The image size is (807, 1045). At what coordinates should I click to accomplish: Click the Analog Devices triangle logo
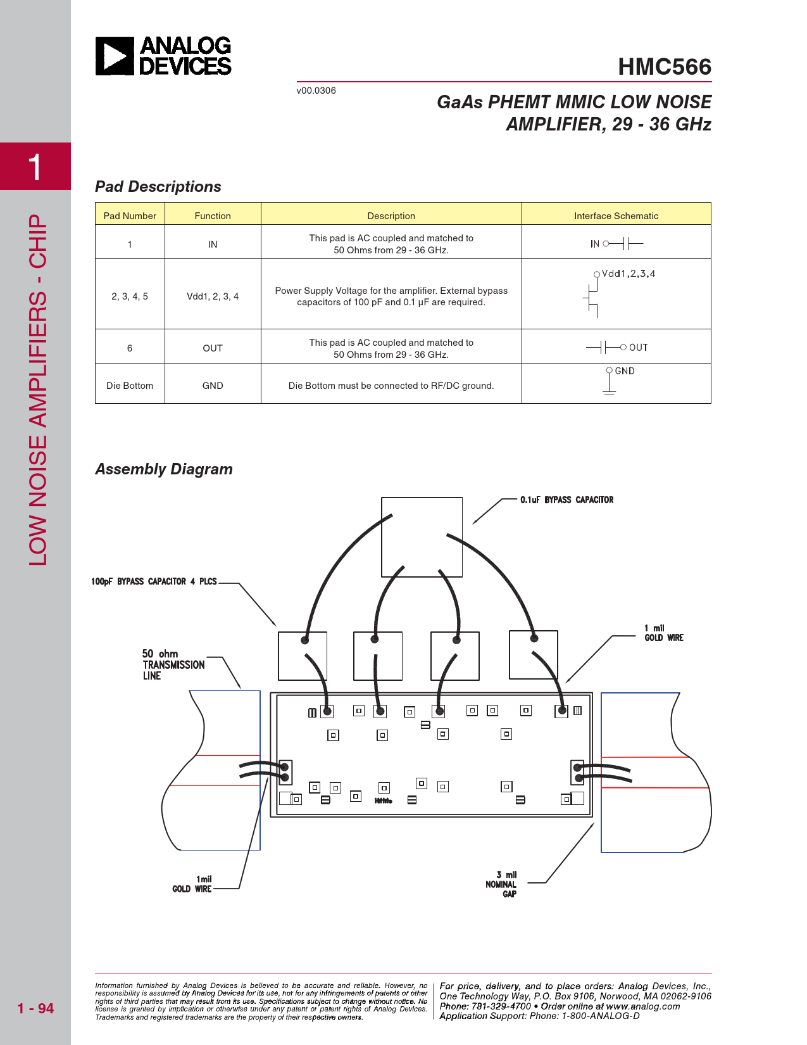coord(115,56)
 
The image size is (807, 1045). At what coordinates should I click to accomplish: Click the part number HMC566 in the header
coord(664,67)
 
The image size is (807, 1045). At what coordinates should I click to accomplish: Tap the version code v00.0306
coord(316,91)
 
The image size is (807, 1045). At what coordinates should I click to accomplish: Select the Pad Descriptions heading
coord(158,187)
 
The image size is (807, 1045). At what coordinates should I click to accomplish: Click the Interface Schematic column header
coord(616,216)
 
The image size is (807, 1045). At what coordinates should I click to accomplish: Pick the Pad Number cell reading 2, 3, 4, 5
coord(130,296)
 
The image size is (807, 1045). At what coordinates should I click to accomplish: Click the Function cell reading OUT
coord(213,348)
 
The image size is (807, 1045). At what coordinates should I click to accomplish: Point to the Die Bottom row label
coord(130,386)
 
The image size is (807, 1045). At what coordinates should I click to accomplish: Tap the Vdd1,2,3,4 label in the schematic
coord(628,274)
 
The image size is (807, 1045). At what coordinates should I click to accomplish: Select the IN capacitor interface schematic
coord(616,243)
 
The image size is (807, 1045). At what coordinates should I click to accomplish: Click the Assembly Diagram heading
coord(164,469)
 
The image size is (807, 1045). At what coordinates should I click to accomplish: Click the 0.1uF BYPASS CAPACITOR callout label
coord(566,500)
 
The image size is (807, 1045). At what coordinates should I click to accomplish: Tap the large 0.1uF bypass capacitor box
coord(422,537)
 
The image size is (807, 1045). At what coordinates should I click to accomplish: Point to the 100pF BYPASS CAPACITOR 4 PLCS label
coord(154,581)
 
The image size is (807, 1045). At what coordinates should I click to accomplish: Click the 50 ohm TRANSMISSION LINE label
coord(173,664)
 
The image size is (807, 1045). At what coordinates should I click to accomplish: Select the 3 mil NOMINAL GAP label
coord(502,884)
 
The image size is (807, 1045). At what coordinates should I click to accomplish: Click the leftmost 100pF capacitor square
coord(303,656)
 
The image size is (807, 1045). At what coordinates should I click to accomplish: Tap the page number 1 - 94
coord(35,1008)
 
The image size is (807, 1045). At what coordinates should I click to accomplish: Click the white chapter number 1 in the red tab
coord(35,167)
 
